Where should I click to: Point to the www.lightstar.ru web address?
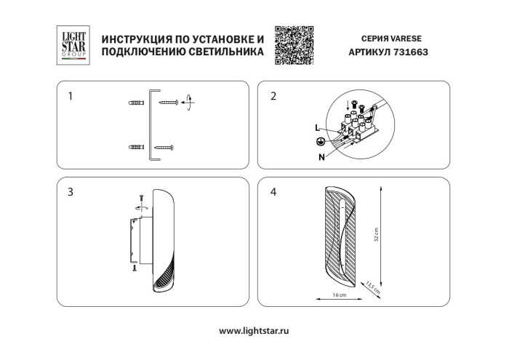click(x=254, y=330)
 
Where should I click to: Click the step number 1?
click(x=70, y=95)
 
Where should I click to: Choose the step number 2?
click(x=273, y=95)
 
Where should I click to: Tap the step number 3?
click(x=70, y=192)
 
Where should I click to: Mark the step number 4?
click(x=273, y=192)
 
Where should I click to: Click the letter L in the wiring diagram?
click(x=318, y=128)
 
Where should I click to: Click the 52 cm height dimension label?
click(x=377, y=233)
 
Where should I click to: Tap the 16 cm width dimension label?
click(x=338, y=296)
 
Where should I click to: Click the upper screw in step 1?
click(x=169, y=102)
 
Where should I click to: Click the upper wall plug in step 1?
click(x=135, y=102)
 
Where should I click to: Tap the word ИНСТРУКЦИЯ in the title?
click(x=135, y=38)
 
